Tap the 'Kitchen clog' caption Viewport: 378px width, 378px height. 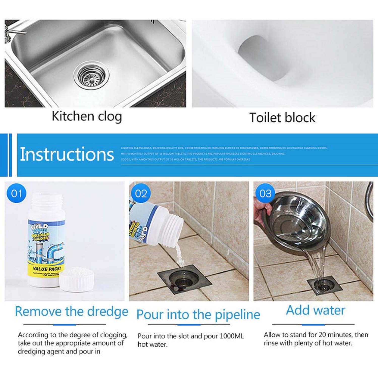(87, 116)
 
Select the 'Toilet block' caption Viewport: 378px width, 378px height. (282, 118)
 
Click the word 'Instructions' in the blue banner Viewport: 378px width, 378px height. (67, 154)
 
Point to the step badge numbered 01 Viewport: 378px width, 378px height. (16, 193)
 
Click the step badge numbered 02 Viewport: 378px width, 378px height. (141, 193)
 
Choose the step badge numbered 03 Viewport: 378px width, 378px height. (265, 193)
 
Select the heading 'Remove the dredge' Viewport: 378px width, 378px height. (71, 311)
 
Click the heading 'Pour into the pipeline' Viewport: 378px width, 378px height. (198, 315)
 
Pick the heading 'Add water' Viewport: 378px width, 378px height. (316, 310)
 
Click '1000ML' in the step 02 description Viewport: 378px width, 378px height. (232, 336)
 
